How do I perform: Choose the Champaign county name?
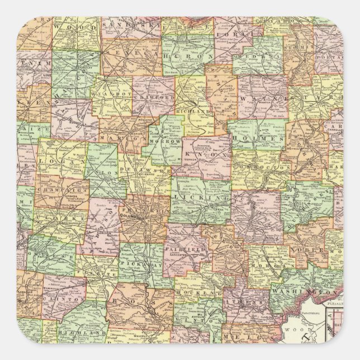pyautogui.click(x=55, y=190)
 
